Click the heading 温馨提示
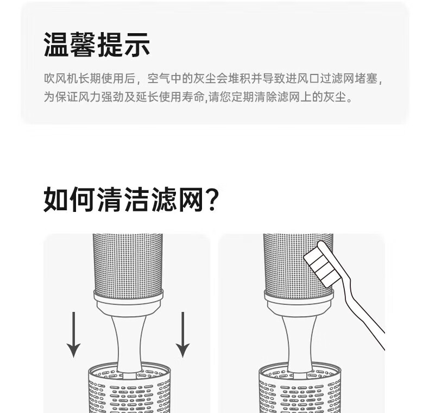point(97,45)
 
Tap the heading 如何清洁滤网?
point(131,199)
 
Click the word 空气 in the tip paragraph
point(159,79)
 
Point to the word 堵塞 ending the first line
point(367,79)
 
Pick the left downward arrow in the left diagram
point(74,334)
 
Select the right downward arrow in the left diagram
point(183,334)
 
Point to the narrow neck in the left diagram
point(129,342)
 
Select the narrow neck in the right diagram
point(299,342)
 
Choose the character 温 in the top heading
point(56,45)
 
